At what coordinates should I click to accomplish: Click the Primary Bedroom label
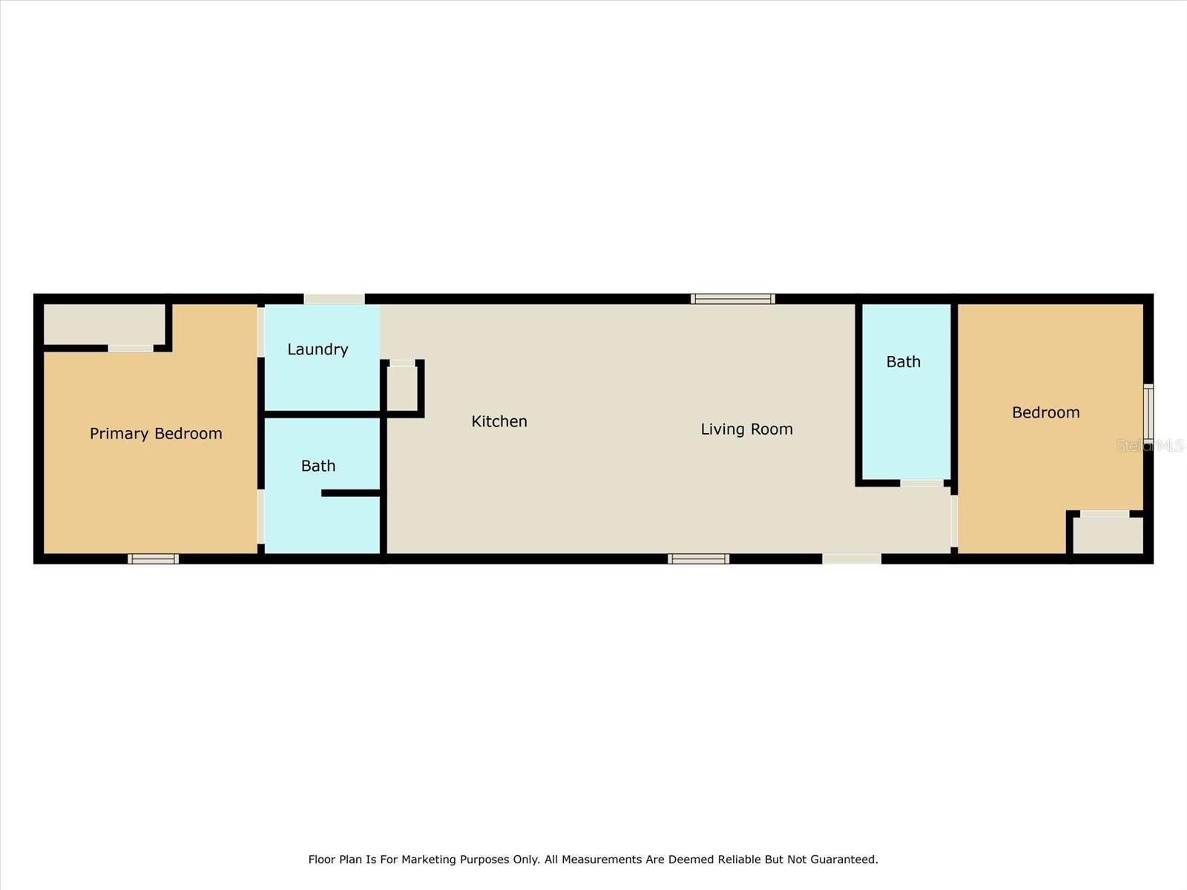point(156,433)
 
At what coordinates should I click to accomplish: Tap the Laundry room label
point(318,349)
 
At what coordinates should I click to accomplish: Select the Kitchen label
point(499,421)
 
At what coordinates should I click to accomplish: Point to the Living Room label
point(747,429)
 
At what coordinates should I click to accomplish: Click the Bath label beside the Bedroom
point(903,361)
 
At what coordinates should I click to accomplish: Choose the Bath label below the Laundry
point(318,466)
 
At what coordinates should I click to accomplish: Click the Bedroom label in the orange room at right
point(1046,413)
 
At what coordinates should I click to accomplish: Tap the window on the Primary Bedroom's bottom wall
point(153,558)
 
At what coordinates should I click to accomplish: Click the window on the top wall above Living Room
point(733,299)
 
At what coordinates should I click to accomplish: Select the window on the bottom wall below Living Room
point(698,558)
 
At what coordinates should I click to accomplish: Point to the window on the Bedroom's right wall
point(1148,413)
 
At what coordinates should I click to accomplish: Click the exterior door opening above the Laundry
point(334,299)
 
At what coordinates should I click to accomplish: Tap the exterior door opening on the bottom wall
point(852,558)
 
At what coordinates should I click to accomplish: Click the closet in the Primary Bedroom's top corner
point(105,324)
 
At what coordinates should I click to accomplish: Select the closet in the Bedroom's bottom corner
point(1108,535)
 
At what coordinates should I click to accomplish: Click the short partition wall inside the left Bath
point(351,492)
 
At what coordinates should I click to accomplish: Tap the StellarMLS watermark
point(1150,445)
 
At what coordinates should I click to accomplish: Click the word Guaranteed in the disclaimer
point(844,859)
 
